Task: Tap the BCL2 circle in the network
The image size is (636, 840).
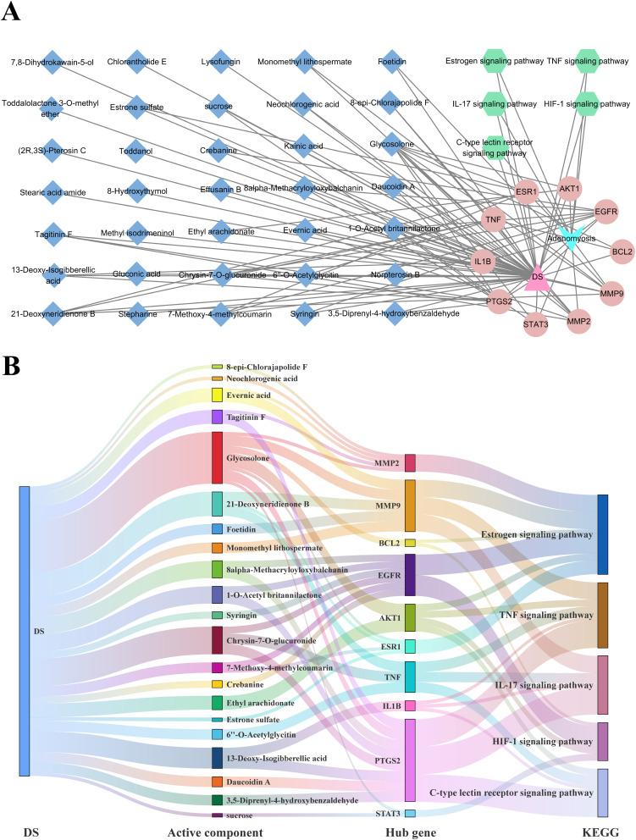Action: point(622,251)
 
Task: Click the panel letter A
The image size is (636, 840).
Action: point(12,14)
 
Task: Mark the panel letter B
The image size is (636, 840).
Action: point(12,366)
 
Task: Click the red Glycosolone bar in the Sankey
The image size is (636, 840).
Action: point(218,457)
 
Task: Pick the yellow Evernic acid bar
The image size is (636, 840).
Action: point(218,395)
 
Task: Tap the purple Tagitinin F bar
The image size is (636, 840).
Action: point(218,417)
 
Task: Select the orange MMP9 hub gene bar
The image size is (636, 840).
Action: point(410,506)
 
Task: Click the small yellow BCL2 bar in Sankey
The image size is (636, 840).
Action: point(410,543)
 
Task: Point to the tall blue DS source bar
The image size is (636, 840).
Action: point(25,631)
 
